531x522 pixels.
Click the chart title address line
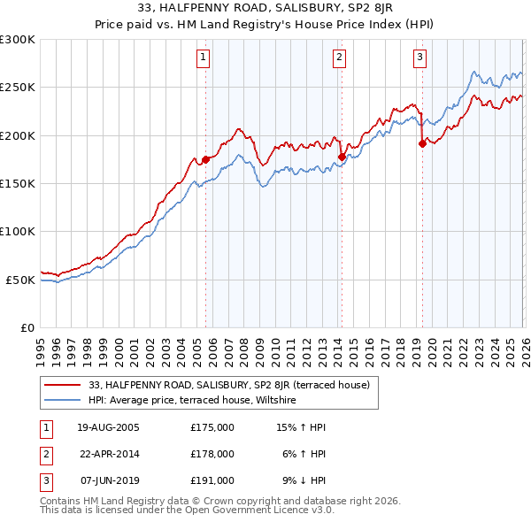(265, 10)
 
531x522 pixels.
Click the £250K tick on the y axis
(18, 88)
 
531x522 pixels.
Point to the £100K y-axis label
(18, 231)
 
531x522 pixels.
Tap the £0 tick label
(27, 327)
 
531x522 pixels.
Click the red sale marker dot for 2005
(206, 159)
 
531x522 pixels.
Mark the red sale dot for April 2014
(342, 157)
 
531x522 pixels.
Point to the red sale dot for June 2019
(422, 144)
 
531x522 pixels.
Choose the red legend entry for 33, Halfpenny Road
(234, 385)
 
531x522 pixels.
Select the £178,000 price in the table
(212, 454)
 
